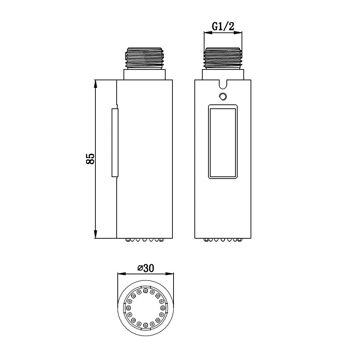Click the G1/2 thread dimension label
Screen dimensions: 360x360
(x=223, y=26)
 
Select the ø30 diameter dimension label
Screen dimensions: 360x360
(x=146, y=268)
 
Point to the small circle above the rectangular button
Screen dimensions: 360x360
(x=222, y=96)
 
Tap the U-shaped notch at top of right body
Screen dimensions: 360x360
(x=223, y=84)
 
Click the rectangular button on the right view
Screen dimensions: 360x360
(x=223, y=141)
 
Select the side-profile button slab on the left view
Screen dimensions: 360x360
(x=115, y=143)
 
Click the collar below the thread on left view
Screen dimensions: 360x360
(x=145, y=75)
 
